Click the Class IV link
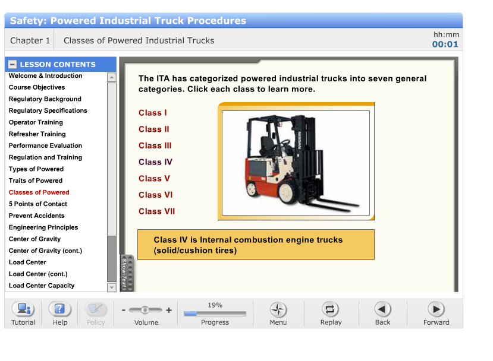pyautogui.click(x=155, y=162)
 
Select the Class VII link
pyautogui.click(x=156, y=211)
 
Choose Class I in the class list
pyautogui.click(x=153, y=113)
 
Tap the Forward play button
pyautogui.click(x=436, y=309)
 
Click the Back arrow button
pyautogui.click(x=382, y=309)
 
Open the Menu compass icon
pyautogui.click(x=278, y=310)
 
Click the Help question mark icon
pyautogui.click(x=59, y=309)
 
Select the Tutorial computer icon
pyautogui.click(x=23, y=309)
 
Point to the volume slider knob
pyautogui.click(x=145, y=310)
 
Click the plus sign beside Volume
pyautogui.click(x=169, y=310)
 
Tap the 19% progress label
pyautogui.click(x=215, y=305)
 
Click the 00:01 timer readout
pyautogui.click(x=445, y=45)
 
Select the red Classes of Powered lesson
pyautogui.click(x=39, y=192)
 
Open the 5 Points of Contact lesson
pyautogui.click(x=38, y=204)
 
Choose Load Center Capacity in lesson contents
pyautogui.click(x=42, y=286)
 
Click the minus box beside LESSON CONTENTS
pyautogui.click(x=12, y=64)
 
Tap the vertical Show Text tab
pyautogui.click(x=127, y=273)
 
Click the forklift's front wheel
pyautogui.click(x=287, y=191)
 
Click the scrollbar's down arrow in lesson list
pyautogui.click(x=112, y=287)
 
